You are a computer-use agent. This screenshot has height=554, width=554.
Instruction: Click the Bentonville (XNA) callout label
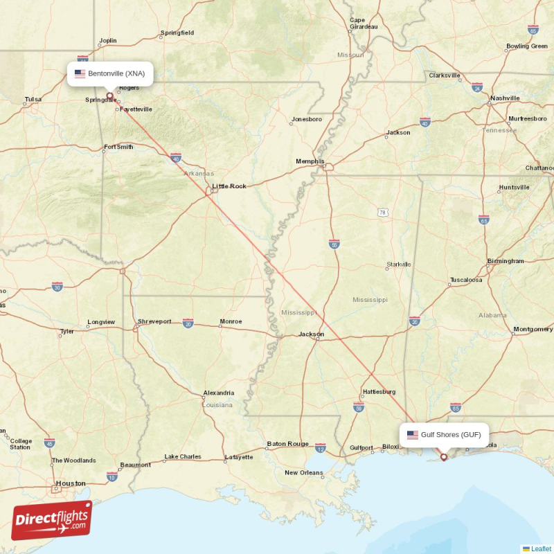click(x=110, y=73)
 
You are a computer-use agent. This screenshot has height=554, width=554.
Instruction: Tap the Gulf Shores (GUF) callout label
click(x=444, y=435)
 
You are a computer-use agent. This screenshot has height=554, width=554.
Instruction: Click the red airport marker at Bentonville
click(x=109, y=96)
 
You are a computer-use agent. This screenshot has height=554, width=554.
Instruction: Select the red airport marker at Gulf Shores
click(x=444, y=457)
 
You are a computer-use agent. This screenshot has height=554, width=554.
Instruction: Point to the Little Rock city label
click(x=229, y=186)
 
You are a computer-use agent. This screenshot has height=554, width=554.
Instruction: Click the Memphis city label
click(x=310, y=161)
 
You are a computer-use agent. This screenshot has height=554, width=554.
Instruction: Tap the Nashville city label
click(x=505, y=98)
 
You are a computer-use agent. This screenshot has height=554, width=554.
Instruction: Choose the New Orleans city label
click(x=304, y=473)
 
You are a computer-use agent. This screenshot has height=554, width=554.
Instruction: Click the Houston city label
click(x=71, y=483)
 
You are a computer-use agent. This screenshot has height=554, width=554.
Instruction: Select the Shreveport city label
click(x=154, y=321)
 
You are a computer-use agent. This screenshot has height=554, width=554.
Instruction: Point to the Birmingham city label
click(x=505, y=261)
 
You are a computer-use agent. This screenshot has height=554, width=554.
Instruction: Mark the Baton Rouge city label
click(x=287, y=444)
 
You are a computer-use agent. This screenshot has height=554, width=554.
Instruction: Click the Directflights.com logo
click(x=52, y=520)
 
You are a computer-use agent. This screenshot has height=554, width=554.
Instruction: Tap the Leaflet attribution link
click(x=541, y=548)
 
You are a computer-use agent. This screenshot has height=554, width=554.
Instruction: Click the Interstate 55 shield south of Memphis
click(x=334, y=244)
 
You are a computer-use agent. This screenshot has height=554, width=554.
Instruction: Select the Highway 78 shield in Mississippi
click(x=382, y=212)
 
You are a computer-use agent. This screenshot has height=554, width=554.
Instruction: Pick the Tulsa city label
click(x=33, y=99)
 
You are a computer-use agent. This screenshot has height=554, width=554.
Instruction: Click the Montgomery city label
click(x=533, y=329)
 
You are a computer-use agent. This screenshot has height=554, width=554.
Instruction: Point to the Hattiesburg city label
click(x=379, y=391)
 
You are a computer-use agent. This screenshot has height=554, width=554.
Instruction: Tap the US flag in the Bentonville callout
click(x=80, y=73)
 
